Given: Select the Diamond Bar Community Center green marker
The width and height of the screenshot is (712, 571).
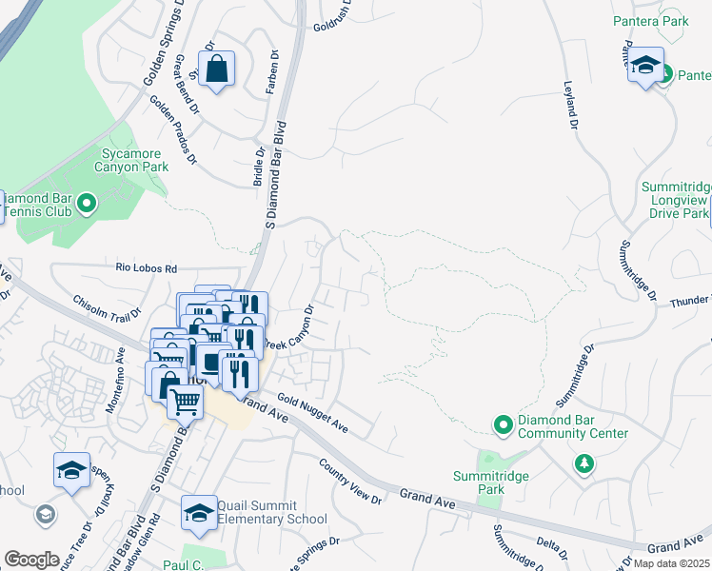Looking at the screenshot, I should pyautogui.click(x=503, y=423).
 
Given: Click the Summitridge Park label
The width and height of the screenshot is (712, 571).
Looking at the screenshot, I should pyautogui.click(x=478, y=482).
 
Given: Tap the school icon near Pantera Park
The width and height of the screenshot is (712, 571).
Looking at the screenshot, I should pyautogui.click(x=645, y=66).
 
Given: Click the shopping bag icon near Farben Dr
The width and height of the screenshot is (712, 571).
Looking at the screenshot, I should pyautogui.click(x=218, y=68).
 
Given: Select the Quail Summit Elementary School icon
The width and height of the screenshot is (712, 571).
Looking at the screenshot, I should pyautogui.click(x=199, y=513).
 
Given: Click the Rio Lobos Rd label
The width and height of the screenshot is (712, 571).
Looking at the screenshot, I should pyautogui.click(x=147, y=269).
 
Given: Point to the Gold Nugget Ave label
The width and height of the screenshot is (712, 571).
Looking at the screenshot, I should pyautogui.click(x=312, y=416).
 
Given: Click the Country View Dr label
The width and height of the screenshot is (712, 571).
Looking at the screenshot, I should pyautogui.click(x=350, y=482).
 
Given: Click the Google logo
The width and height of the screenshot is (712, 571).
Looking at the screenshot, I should pyautogui.click(x=31, y=560).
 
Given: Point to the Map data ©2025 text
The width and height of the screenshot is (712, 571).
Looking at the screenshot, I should pyautogui.click(x=671, y=563).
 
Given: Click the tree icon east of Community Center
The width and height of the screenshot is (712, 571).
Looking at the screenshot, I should pyautogui.click(x=583, y=463).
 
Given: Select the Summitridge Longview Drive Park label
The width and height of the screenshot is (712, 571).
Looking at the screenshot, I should pyautogui.click(x=674, y=200).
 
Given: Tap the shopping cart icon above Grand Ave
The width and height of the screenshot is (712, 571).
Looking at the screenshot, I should pyautogui.click(x=184, y=402).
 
